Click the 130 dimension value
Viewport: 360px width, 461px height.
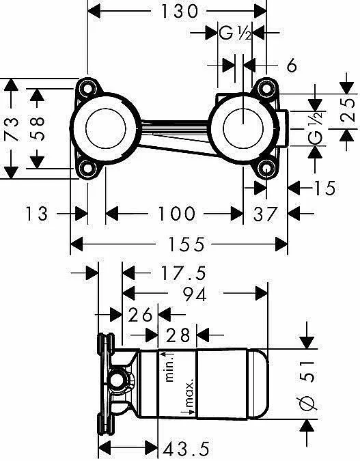179,12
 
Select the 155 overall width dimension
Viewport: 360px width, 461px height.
186,244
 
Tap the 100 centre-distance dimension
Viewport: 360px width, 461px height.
176,214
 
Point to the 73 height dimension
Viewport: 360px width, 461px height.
12,128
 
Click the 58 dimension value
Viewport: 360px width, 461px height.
37,129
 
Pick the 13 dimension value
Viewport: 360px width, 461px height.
36,214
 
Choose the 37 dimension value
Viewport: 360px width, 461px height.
266,214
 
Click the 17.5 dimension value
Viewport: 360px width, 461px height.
183,273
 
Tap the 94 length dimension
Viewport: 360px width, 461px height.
195,294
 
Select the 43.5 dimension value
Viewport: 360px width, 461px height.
186,449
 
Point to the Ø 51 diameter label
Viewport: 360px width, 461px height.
307,385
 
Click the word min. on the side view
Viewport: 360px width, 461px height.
169,367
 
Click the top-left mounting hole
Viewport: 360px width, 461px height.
87,88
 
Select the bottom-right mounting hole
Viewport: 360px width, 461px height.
266,168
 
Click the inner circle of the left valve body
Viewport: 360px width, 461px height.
106,128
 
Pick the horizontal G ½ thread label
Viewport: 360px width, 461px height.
235,33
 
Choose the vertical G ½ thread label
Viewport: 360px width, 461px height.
316,128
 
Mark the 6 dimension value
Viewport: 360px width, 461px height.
292,66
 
